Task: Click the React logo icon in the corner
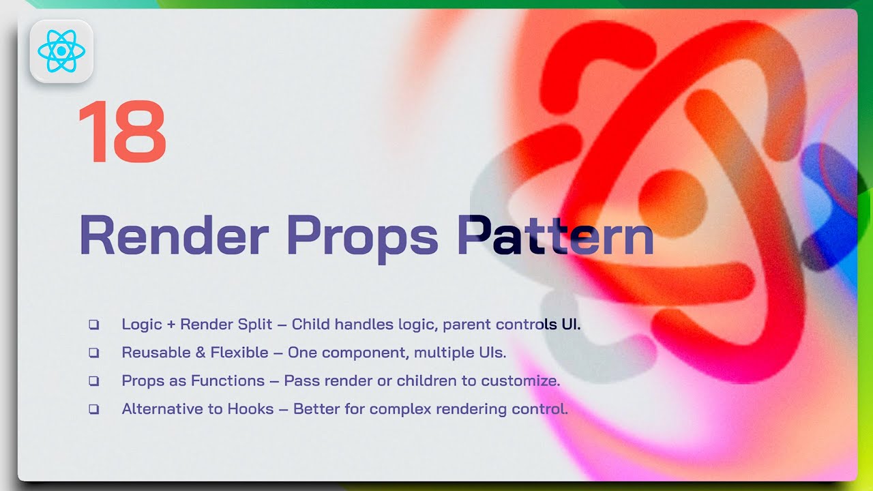[x=61, y=51]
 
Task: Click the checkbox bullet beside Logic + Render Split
[x=93, y=325]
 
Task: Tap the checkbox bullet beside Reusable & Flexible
[x=93, y=353]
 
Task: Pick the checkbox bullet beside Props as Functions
[x=93, y=381]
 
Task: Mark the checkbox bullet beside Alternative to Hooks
[x=93, y=410]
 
